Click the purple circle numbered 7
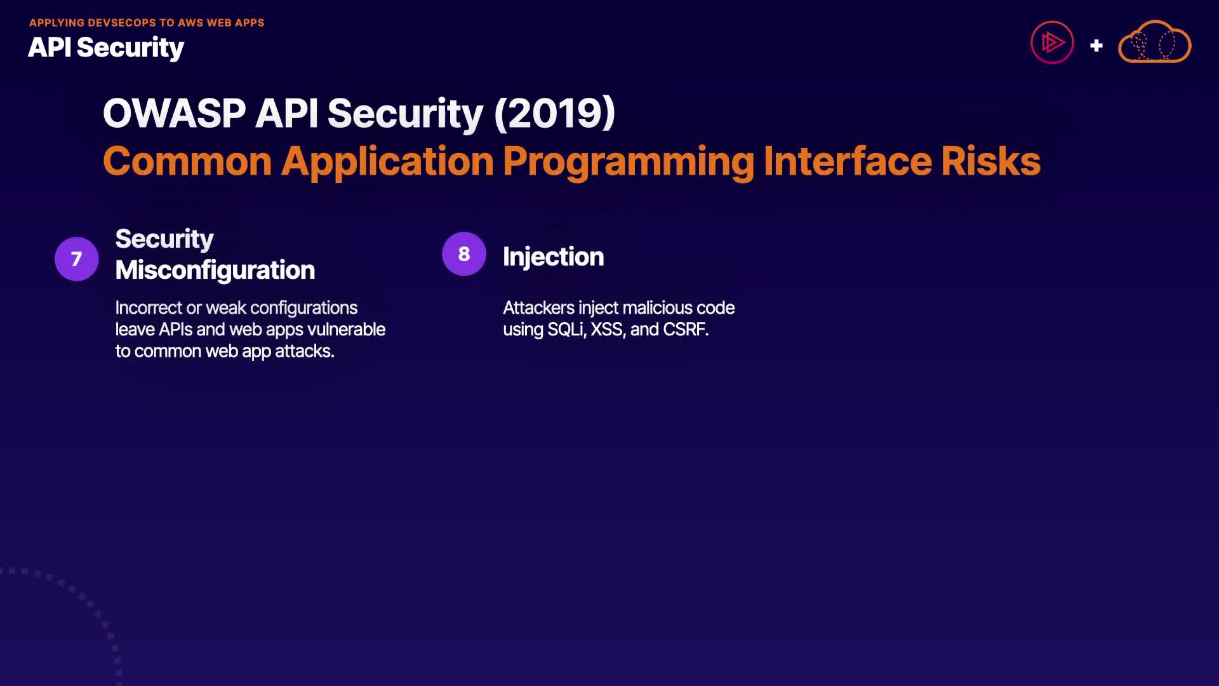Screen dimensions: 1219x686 (x=77, y=259)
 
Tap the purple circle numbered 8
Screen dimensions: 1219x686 (x=464, y=254)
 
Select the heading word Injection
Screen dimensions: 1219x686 (x=553, y=257)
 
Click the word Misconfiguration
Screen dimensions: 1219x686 (x=215, y=271)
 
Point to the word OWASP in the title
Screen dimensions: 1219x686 (x=174, y=114)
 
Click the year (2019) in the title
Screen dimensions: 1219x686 (x=554, y=114)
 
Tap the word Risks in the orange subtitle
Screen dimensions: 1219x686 (x=990, y=161)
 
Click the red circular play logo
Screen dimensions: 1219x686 (x=1052, y=43)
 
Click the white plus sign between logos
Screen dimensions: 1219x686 (x=1096, y=46)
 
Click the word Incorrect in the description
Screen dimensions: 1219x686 (x=149, y=308)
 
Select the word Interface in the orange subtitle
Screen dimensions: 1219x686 (x=848, y=161)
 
